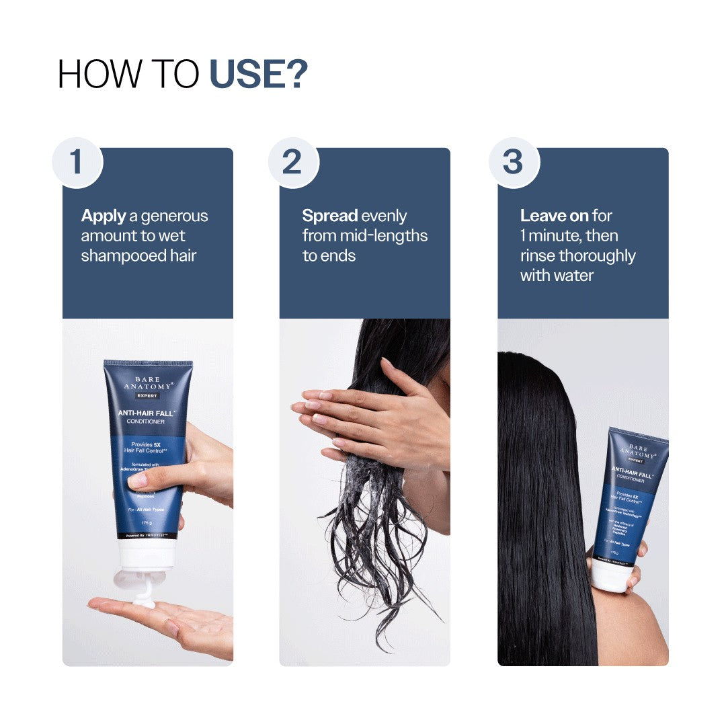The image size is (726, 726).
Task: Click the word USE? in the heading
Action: pyautogui.click(x=259, y=74)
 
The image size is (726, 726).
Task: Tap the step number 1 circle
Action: pyautogui.click(x=77, y=163)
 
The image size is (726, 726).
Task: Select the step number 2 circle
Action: pyautogui.click(x=293, y=163)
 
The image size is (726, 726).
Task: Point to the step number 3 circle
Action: pyautogui.click(x=514, y=163)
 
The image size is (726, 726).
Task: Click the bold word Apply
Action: pyautogui.click(x=104, y=216)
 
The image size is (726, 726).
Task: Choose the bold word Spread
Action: pyautogui.click(x=329, y=216)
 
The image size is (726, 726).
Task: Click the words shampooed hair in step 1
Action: pyautogui.click(x=138, y=256)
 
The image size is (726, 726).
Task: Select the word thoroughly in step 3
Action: pyautogui.click(x=597, y=256)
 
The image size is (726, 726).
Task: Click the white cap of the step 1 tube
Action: pyautogui.click(x=147, y=554)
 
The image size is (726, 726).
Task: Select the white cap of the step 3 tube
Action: pyautogui.click(x=610, y=576)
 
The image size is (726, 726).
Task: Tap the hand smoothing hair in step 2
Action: pyautogui.click(x=376, y=417)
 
